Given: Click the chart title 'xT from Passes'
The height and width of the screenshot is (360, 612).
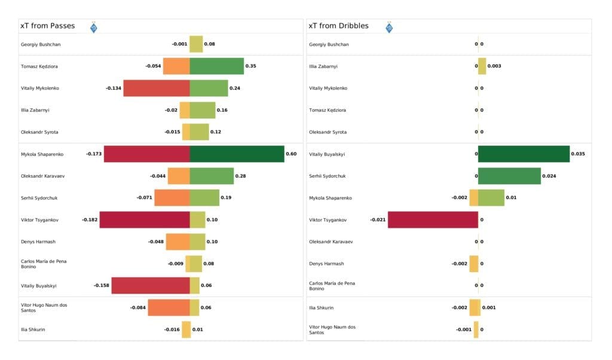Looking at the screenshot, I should (x=48, y=26).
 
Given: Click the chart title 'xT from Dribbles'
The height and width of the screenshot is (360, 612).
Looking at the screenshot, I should (x=338, y=26).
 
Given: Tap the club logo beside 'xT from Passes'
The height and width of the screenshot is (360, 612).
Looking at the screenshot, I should (x=93, y=27).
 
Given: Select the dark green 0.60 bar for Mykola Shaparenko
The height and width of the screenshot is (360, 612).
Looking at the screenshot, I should (x=237, y=154).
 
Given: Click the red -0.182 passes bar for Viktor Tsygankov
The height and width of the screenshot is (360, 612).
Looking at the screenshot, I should (x=145, y=219).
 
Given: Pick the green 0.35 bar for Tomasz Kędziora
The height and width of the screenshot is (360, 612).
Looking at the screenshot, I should (x=216, y=66).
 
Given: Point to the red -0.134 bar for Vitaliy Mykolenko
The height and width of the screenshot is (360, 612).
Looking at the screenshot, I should (x=157, y=88).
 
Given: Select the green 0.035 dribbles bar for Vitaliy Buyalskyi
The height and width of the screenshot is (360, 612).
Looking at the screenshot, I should (x=524, y=154).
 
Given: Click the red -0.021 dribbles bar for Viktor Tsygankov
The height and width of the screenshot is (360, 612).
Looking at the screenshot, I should (x=433, y=219).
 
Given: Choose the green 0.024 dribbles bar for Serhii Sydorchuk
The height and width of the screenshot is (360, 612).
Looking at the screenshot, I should (x=509, y=176).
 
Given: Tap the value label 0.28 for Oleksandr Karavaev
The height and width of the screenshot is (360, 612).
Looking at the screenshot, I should (x=241, y=176).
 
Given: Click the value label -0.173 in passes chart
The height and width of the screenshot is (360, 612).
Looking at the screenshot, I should (x=94, y=154).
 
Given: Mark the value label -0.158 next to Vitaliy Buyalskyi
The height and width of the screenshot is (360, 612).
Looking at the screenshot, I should (x=101, y=285).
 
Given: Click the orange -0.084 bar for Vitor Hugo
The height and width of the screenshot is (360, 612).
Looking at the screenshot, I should (x=169, y=307).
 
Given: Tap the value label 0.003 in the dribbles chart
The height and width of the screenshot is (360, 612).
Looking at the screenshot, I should (x=494, y=66).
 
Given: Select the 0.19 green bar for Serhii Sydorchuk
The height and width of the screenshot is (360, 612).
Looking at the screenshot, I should (x=204, y=197).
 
